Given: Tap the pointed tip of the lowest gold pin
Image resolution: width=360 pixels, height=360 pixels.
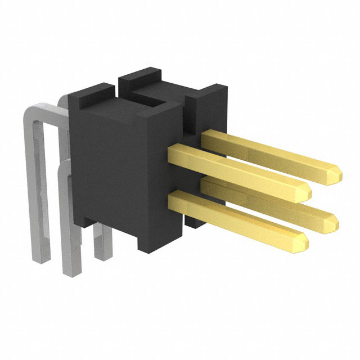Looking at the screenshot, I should (x=305, y=242).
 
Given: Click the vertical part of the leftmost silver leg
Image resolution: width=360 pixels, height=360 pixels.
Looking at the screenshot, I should (x=37, y=186).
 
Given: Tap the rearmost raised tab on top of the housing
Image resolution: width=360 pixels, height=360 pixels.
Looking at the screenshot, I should (x=141, y=76).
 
